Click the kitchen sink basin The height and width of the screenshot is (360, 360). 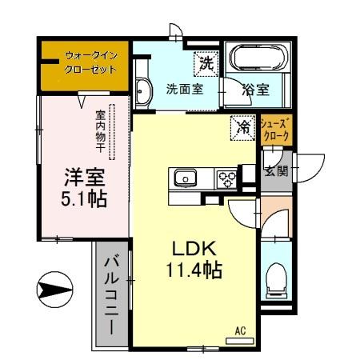(x=183, y=178)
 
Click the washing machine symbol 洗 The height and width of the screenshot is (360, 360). (x=206, y=62)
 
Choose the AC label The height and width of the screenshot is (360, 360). (x=239, y=330)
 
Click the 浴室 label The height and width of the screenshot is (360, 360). (x=255, y=90)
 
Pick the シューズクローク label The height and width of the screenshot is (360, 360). (x=277, y=130)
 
